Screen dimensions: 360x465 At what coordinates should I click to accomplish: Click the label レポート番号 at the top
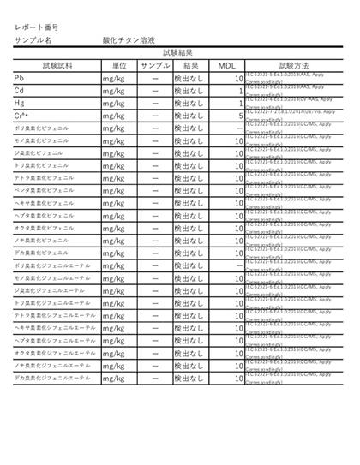(36, 28)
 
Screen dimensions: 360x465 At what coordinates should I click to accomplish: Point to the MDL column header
(226, 66)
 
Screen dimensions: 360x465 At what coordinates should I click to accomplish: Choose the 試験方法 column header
(293, 66)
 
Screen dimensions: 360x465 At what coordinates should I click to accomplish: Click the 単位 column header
(119, 66)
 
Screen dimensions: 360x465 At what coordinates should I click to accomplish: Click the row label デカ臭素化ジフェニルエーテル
(51, 378)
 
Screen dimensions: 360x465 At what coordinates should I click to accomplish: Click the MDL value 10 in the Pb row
(238, 80)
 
